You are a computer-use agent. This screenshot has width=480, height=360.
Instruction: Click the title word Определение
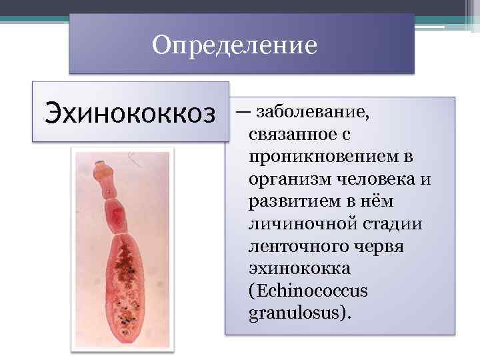click(x=234, y=45)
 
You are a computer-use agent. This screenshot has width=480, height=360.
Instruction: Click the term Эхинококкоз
click(x=131, y=112)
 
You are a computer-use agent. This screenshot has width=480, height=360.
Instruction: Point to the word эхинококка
click(x=289, y=269)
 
